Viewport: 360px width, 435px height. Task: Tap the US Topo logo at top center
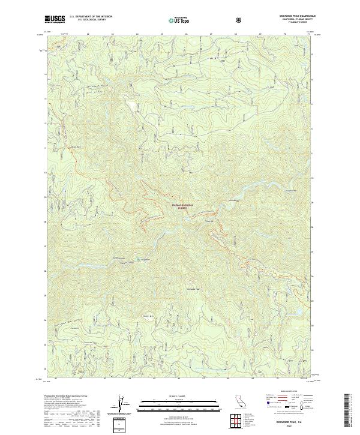click(180, 20)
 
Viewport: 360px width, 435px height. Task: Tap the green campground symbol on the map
click(141, 259)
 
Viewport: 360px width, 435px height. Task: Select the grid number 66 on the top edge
click(187, 34)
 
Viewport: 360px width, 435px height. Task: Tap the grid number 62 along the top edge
click(88, 34)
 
